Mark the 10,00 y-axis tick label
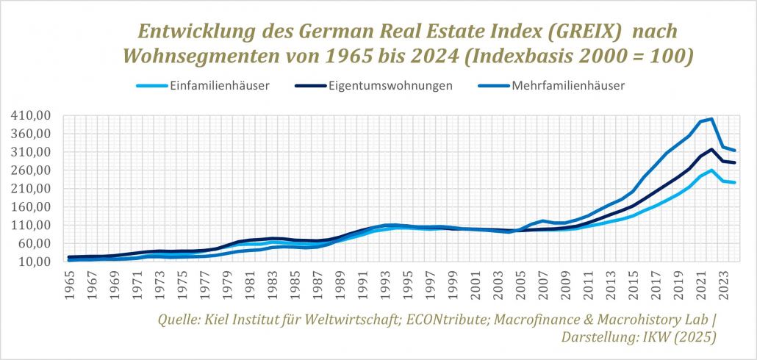[x=35, y=262]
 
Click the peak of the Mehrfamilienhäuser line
[x=711, y=119]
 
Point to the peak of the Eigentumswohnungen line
[x=711, y=149]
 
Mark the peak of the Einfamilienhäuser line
[x=711, y=170]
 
